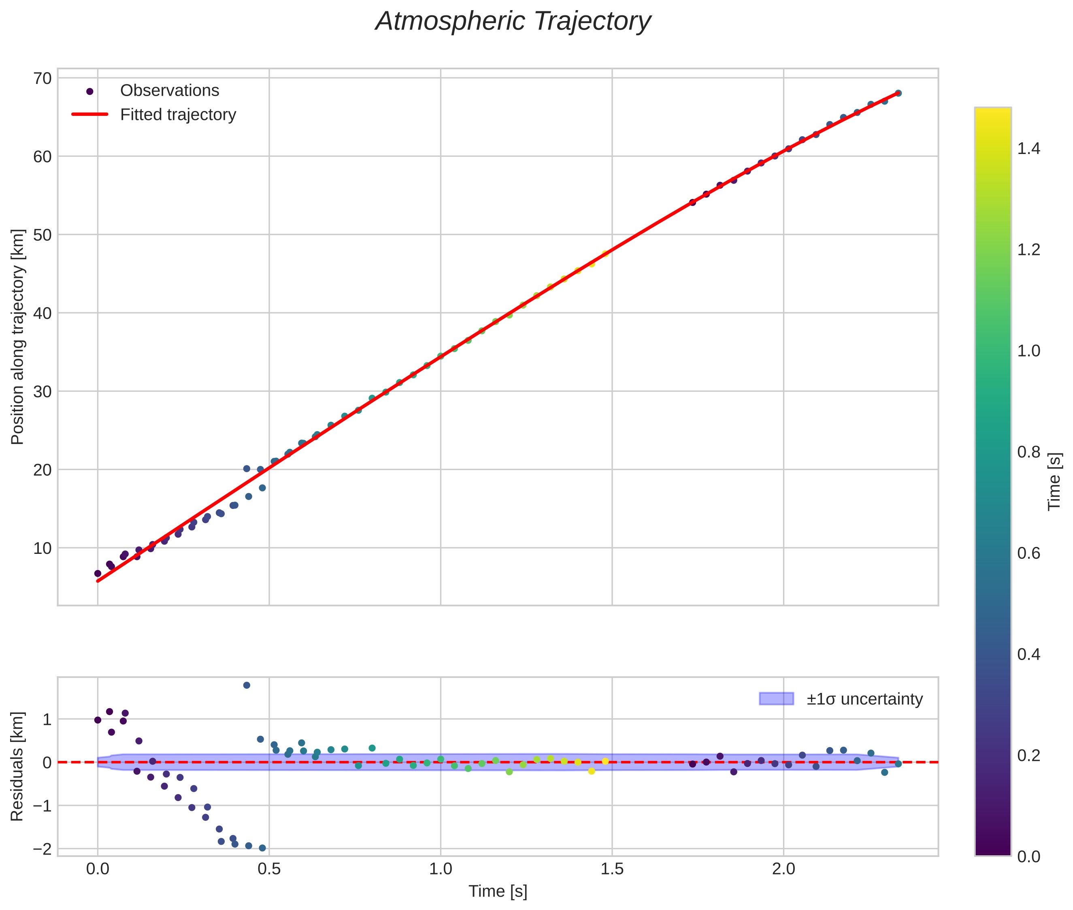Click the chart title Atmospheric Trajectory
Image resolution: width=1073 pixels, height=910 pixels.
click(513, 21)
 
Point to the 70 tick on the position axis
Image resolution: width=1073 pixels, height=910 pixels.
click(43, 79)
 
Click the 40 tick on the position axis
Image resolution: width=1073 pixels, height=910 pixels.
click(43, 313)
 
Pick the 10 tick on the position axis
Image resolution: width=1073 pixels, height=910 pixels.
click(43, 548)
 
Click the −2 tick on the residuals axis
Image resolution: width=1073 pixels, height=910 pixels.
click(43, 848)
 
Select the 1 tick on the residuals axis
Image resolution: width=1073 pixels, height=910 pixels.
click(47, 719)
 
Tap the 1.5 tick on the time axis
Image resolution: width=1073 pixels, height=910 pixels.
click(612, 869)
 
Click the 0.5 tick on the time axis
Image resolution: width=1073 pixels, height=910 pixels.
click(269, 869)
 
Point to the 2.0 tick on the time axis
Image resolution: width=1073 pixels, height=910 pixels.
click(783, 869)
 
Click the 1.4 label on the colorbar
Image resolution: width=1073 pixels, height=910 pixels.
click(1028, 149)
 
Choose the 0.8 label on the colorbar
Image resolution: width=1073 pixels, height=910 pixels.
click(1028, 452)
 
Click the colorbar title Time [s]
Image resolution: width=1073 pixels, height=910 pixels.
click(1055, 481)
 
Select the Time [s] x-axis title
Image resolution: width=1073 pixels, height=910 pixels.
click(498, 891)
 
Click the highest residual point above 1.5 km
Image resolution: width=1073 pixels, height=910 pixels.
click(247, 685)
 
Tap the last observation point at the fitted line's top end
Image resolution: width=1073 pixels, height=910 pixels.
click(898, 93)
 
